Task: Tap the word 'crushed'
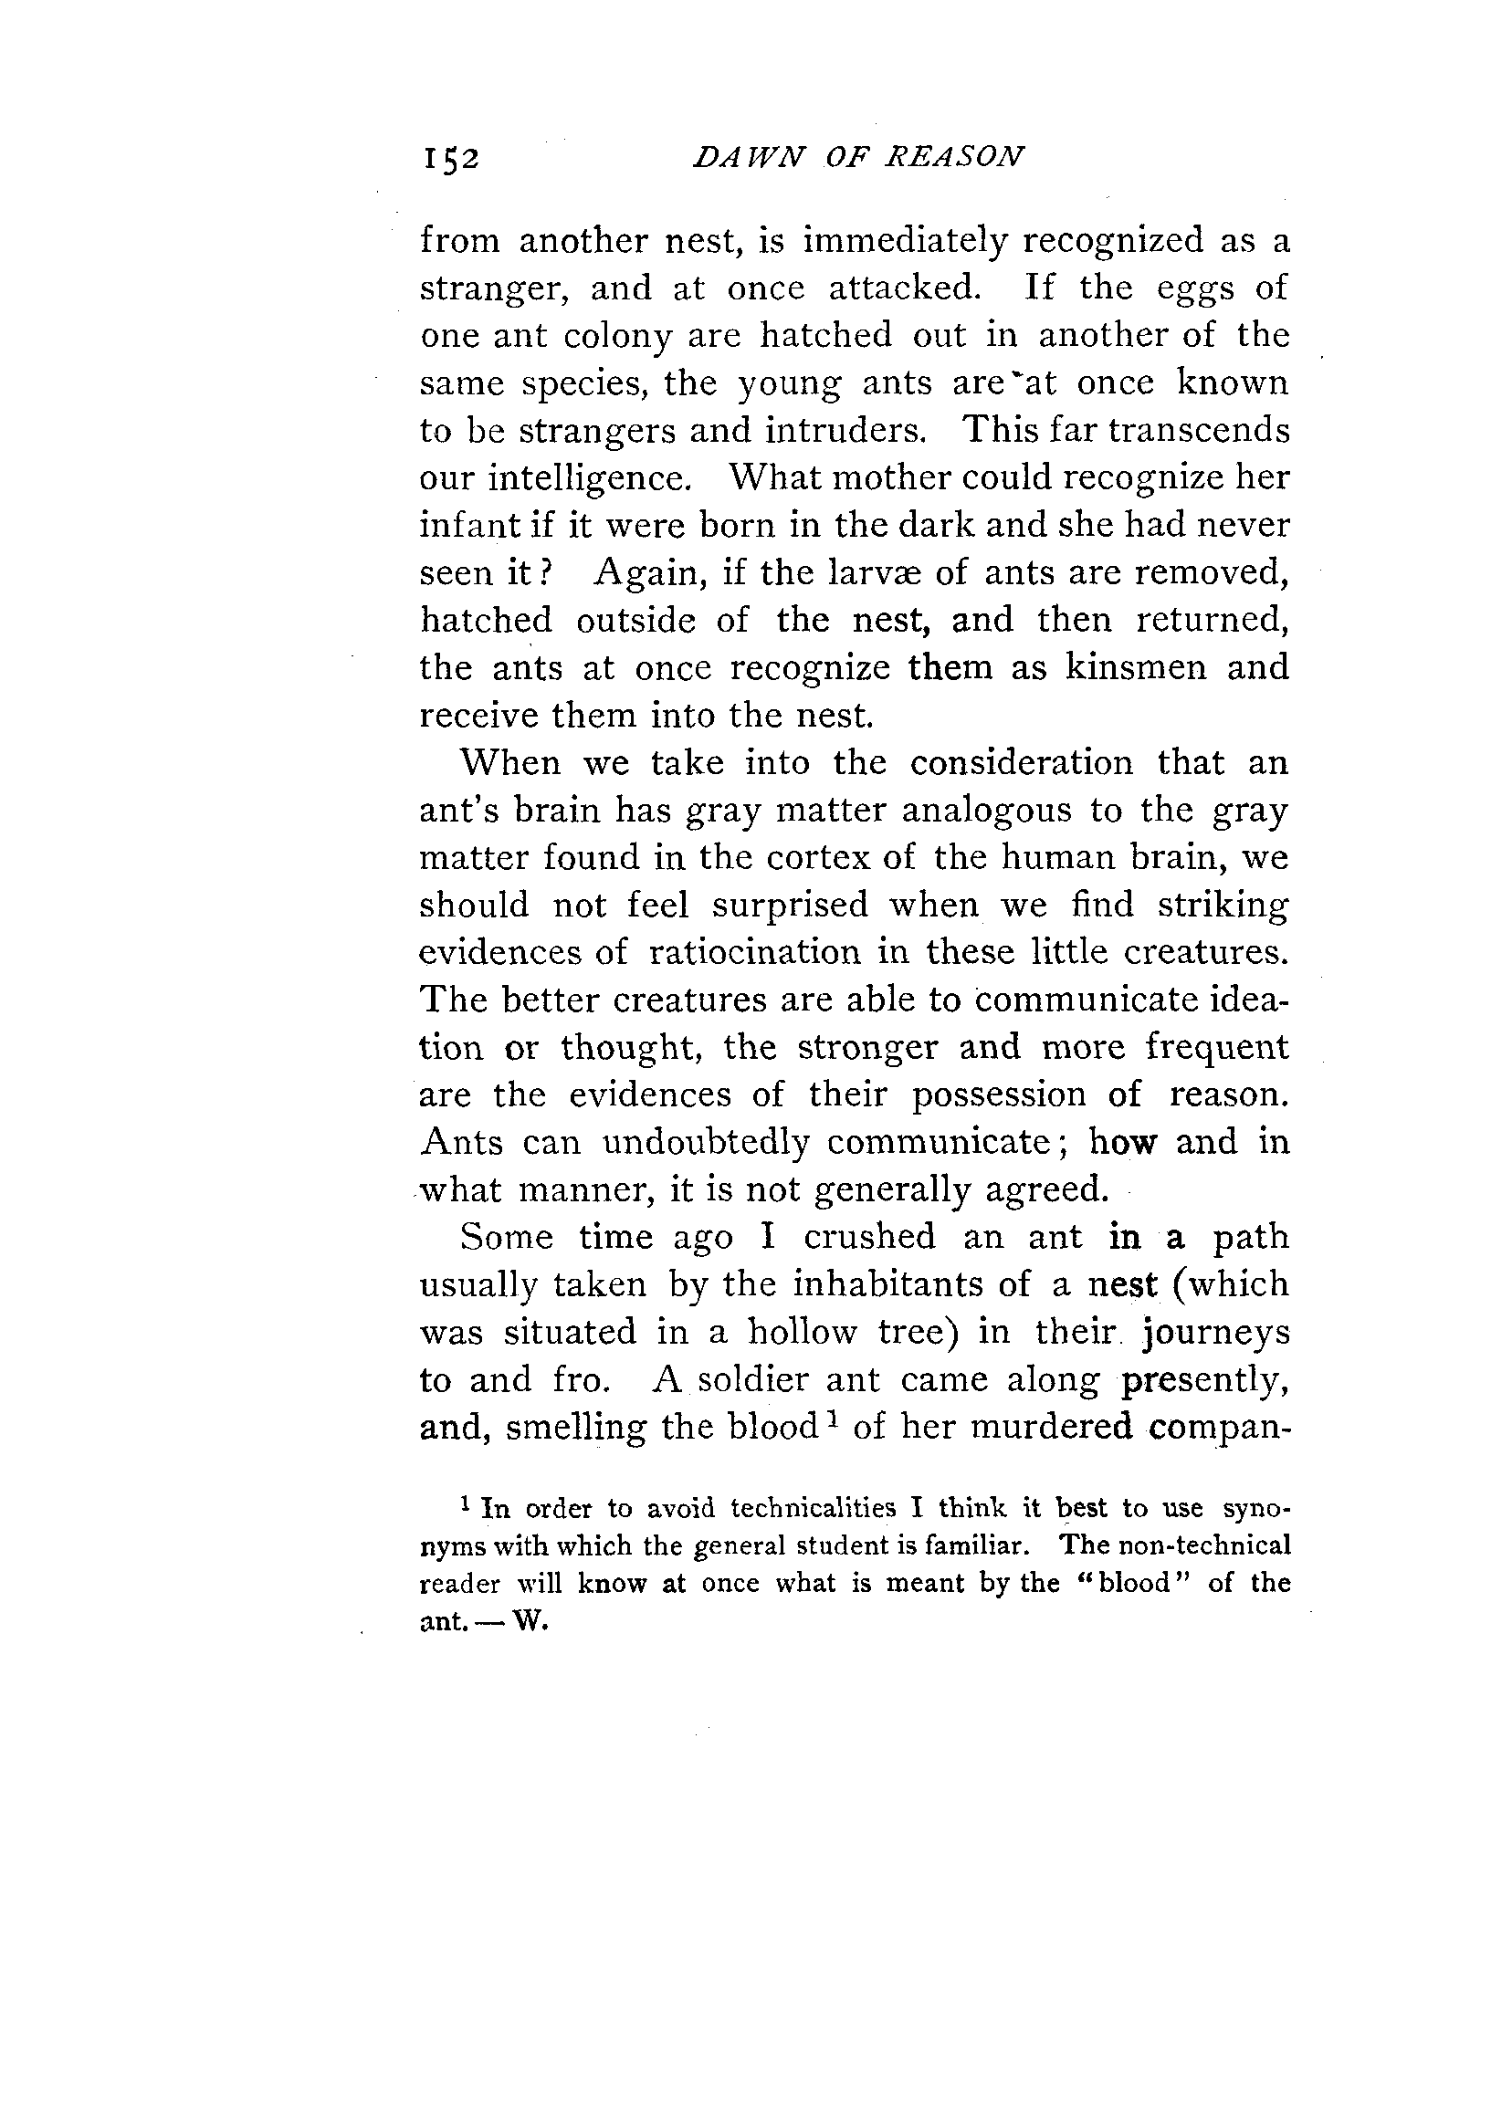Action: coord(868,1238)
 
